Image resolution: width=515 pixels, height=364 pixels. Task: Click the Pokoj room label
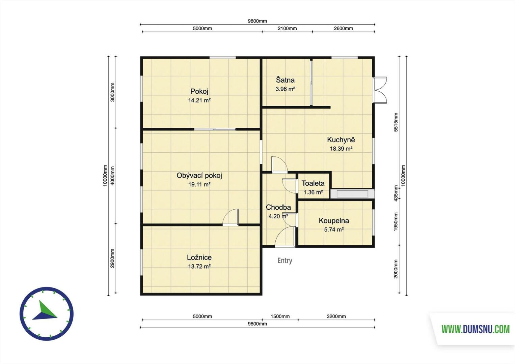199,91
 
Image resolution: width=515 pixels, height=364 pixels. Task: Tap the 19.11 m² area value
199,184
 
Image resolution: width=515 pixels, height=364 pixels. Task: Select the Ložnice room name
199,257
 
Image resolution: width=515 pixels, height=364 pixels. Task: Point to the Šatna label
285,80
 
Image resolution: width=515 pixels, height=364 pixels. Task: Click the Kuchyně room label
341,140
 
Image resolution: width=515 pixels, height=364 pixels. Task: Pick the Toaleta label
313,183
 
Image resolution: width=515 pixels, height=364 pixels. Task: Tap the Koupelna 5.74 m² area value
334,230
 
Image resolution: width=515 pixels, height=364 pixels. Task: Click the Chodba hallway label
278,207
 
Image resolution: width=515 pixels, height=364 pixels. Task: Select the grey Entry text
285,261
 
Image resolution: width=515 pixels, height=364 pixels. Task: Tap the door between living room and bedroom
231,217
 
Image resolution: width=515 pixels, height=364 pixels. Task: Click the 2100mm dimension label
287,28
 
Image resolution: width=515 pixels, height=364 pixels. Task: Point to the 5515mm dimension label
396,122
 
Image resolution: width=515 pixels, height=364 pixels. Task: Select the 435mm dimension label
396,193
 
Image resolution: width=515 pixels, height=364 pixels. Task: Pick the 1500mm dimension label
280,316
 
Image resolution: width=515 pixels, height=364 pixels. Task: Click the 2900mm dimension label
112,258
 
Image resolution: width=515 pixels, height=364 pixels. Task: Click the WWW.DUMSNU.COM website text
476,329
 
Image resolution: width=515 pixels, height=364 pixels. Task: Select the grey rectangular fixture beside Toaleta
352,194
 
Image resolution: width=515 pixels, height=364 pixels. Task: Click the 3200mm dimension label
336,316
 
